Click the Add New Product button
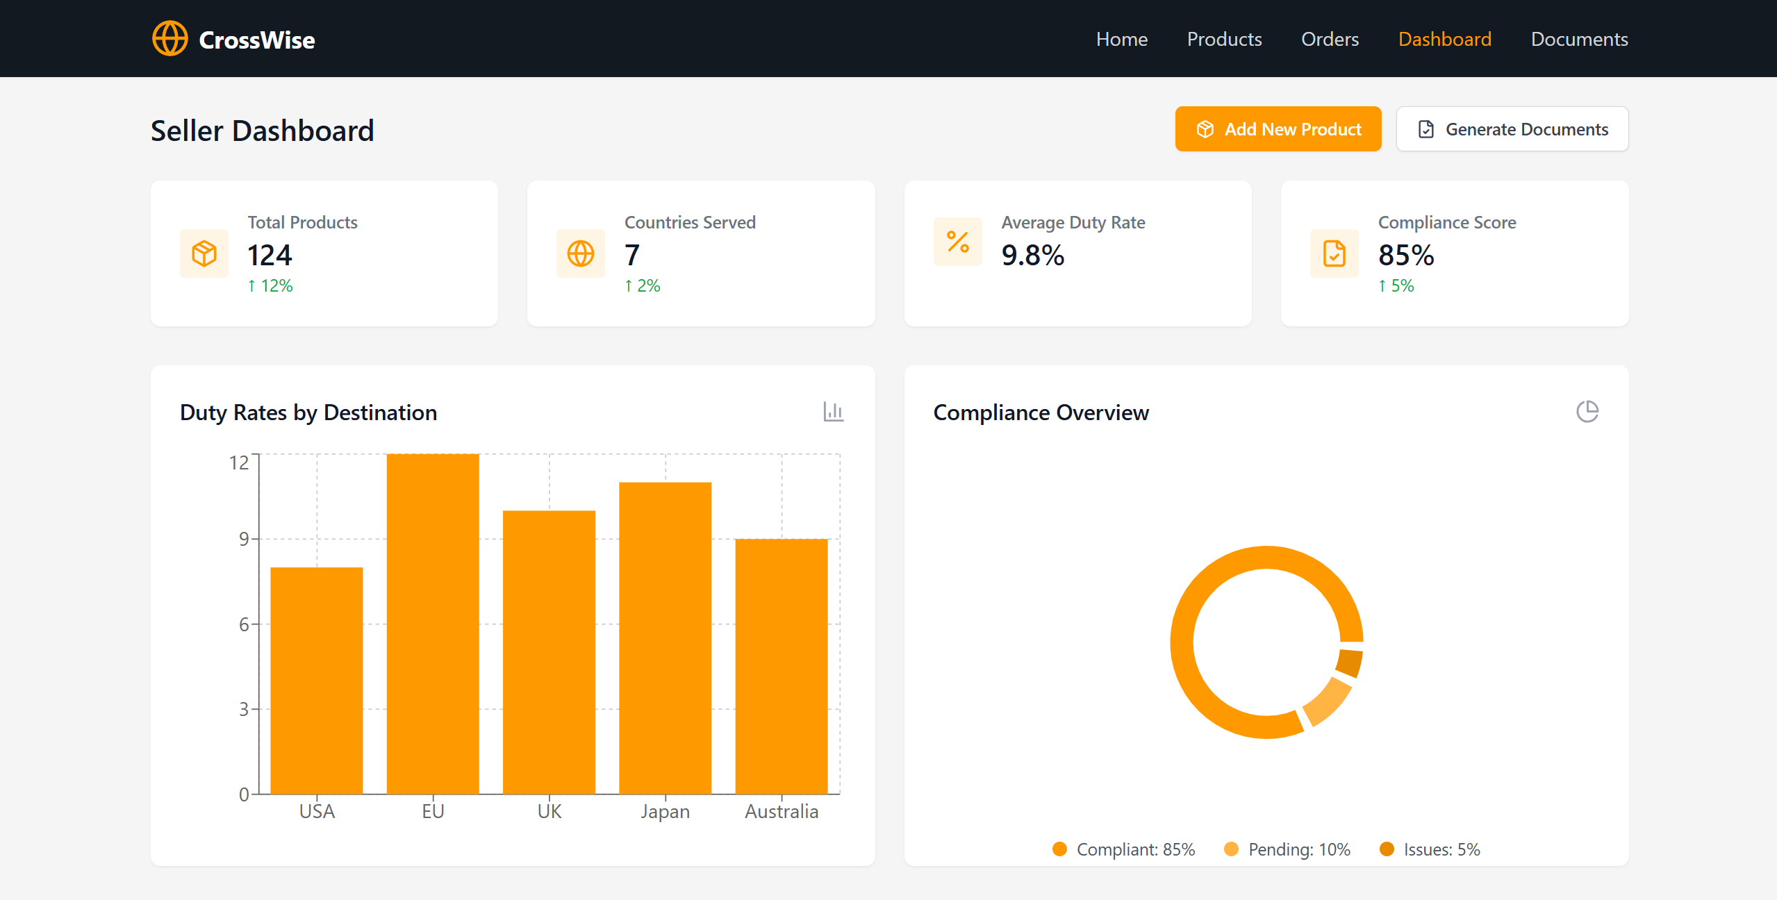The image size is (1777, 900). coord(1278,129)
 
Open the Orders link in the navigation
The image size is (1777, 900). coord(1330,39)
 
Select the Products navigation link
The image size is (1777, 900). coord(1224,39)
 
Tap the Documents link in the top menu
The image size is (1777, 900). coord(1579,39)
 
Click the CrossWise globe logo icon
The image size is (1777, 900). coord(170,38)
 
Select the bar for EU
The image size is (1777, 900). coord(433,624)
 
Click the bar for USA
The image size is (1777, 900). coord(317,681)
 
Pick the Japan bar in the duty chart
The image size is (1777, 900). coord(666,637)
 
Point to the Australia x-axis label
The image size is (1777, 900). coord(782,811)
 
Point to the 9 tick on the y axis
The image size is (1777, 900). coord(244,539)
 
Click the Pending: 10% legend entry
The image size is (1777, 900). coord(1287,849)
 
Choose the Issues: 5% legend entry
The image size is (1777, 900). coord(1430,849)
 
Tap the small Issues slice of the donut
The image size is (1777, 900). coord(1350,662)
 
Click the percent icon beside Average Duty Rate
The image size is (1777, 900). coord(958,242)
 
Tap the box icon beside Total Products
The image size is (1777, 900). coord(204,253)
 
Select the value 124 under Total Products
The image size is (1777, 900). coord(270,255)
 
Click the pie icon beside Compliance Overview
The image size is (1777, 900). coord(1587,412)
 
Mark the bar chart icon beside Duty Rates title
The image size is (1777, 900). coord(834,412)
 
